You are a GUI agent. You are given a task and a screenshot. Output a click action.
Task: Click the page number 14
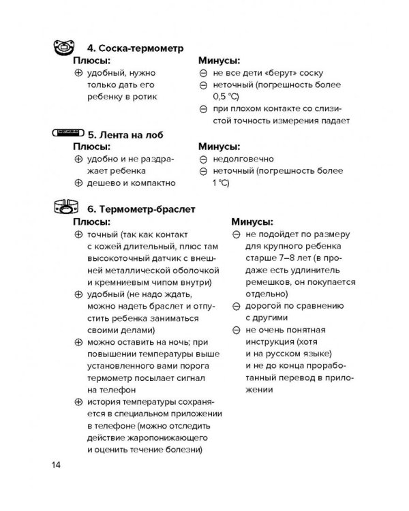pyautogui.click(x=56, y=465)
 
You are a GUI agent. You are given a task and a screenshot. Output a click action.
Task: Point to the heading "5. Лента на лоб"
pyautogui.click(x=124, y=134)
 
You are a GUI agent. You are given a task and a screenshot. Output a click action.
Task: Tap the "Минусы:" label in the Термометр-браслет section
pyautogui.click(x=252, y=221)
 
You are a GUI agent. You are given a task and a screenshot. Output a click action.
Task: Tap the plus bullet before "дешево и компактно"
pyautogui.click(x=78, y=183)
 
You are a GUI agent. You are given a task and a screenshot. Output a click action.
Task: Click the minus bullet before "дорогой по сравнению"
pyautogui.click(x=236, y=306)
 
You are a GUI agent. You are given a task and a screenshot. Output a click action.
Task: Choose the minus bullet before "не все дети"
pyautogui.click(x=202, y=73)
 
